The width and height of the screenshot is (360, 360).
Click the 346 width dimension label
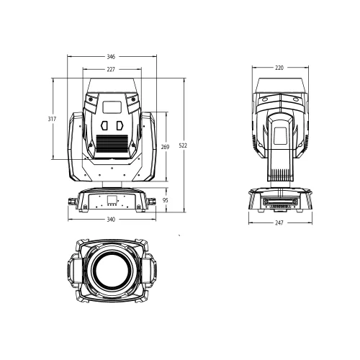point(112,55)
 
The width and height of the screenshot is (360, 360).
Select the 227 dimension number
point(112,70)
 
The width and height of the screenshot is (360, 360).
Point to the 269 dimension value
point(165,147)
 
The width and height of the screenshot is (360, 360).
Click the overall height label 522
point(183,145)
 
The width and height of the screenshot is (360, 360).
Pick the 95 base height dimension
point(165,199)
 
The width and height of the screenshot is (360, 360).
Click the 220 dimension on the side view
point(279,68)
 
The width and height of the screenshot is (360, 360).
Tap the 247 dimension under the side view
point(279,222)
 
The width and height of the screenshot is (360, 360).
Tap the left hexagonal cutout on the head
point(104,124)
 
